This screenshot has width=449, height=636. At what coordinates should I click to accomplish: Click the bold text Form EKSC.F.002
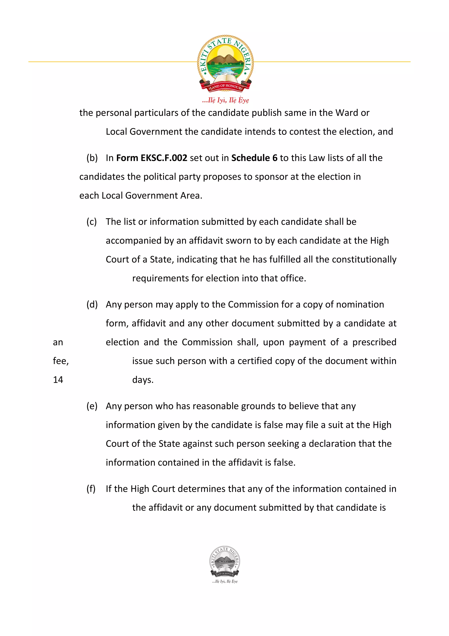[151, 158]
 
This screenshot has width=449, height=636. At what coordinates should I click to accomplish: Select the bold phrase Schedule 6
[254, 158]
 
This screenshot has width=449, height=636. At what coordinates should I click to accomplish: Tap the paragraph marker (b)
[92, 158]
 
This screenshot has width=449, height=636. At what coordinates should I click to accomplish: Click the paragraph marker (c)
[92, 222]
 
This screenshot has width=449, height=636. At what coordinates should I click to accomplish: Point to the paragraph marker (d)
[92, 305]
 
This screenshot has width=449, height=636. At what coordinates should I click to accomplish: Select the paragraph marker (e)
[92, 406]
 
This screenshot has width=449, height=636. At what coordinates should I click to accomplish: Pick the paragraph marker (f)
[91, 489]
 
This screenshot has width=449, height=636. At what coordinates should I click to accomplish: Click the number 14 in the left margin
[58, 380]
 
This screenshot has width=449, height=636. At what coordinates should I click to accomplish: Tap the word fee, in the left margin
[61, 361]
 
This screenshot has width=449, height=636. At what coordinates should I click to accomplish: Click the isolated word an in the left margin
[58, 342]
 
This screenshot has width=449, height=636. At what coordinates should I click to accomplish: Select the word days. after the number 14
[143, 380]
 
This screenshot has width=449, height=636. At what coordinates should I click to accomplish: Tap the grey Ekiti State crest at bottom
[225, 562]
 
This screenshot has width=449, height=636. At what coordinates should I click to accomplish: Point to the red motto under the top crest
[225, 100]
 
